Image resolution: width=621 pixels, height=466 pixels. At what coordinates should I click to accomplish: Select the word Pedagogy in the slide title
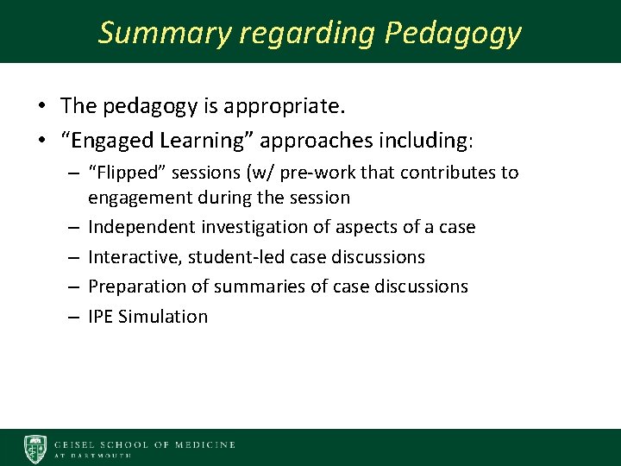(453, 33)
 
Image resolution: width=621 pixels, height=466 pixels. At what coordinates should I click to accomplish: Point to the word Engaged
(107, 139)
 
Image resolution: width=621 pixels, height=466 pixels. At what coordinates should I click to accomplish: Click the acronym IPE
(101, 317)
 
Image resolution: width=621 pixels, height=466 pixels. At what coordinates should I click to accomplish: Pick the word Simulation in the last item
(164, 317)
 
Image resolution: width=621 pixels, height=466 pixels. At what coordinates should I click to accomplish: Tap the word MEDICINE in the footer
(205, 445)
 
